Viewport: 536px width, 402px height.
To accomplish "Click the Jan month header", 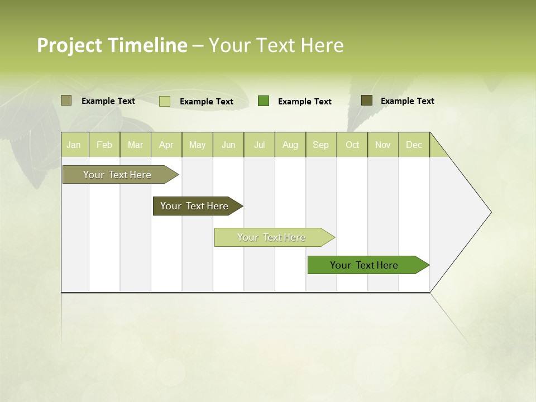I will (x=74, y=145).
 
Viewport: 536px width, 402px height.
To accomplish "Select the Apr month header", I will (x=166, y=145).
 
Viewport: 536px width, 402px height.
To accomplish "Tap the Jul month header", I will (x=259, y=145).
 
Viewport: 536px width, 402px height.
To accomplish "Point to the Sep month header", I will (x=320, y=145).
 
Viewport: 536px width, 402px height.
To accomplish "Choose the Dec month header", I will (x=414, y=145).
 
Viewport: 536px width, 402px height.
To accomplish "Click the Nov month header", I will (x=382, y=145).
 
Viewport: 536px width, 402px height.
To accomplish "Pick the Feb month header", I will (x=104, y=145).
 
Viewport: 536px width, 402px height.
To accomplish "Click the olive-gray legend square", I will (x=66, y=100).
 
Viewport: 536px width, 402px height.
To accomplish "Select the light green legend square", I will (x=164, y=101).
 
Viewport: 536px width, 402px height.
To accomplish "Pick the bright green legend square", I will (x=264, y=101).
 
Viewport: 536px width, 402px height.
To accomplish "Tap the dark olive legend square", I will (x=366, y=100).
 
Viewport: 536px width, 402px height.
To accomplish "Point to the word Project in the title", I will (x=69, y=45).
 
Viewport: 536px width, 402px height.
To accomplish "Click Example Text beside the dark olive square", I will (x=407, y=101).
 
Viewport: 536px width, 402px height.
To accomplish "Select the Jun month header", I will (x=228, y=145).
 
